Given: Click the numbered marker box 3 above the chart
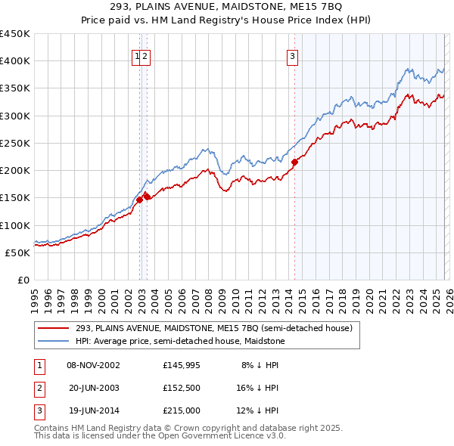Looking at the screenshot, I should tap(292, 55).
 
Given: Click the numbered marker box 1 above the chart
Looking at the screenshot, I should tap(137, 55).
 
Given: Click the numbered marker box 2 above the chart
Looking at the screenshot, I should tap(145, 55).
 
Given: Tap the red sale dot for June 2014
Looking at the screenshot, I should tap(294, 161).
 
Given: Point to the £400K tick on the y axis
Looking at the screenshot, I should tap(15, 61).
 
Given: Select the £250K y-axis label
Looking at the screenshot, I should tap(15, 143).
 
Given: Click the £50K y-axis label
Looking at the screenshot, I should tap(18, 252).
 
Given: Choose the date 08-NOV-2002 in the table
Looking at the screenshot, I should tap(93, 365).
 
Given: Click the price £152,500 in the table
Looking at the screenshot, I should tap(181, 387).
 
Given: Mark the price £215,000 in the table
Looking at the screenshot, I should tap(181, 410).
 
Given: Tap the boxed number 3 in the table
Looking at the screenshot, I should tap(38, 410).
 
